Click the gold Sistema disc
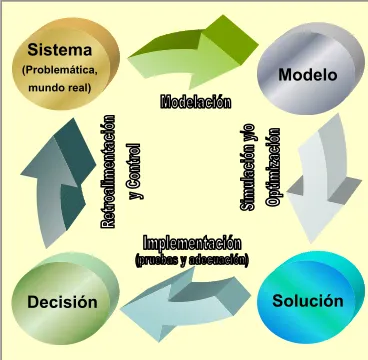pos(66,63)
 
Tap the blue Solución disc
pos(311,297)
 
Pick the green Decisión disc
pos(65,298)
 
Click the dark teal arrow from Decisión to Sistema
pos(58,183)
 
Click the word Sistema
pos(60,50)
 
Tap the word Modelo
pos(308,75)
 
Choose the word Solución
pos(308,301)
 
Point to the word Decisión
pos(62,302)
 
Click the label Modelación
pos(195,102)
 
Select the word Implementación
pos(192,243)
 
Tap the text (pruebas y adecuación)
pos(192,260)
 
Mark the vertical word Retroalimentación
pos(107,172)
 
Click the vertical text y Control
pos(134,171)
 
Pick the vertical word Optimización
pos(273,167)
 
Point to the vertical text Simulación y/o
pos(247,167)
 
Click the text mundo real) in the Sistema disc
pos(60,88)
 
